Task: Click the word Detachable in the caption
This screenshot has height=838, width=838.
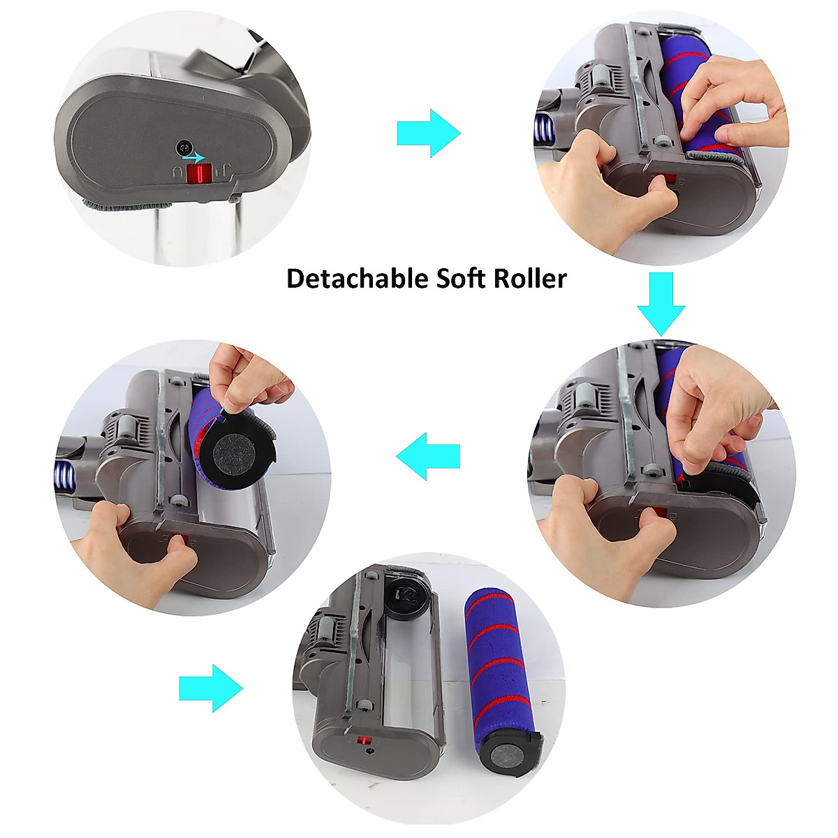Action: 357,279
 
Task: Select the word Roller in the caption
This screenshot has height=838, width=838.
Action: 530,279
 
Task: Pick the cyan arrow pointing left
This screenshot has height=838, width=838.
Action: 428,456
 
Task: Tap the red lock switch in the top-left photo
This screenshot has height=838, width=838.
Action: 200,174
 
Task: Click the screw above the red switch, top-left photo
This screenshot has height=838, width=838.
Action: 184,147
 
